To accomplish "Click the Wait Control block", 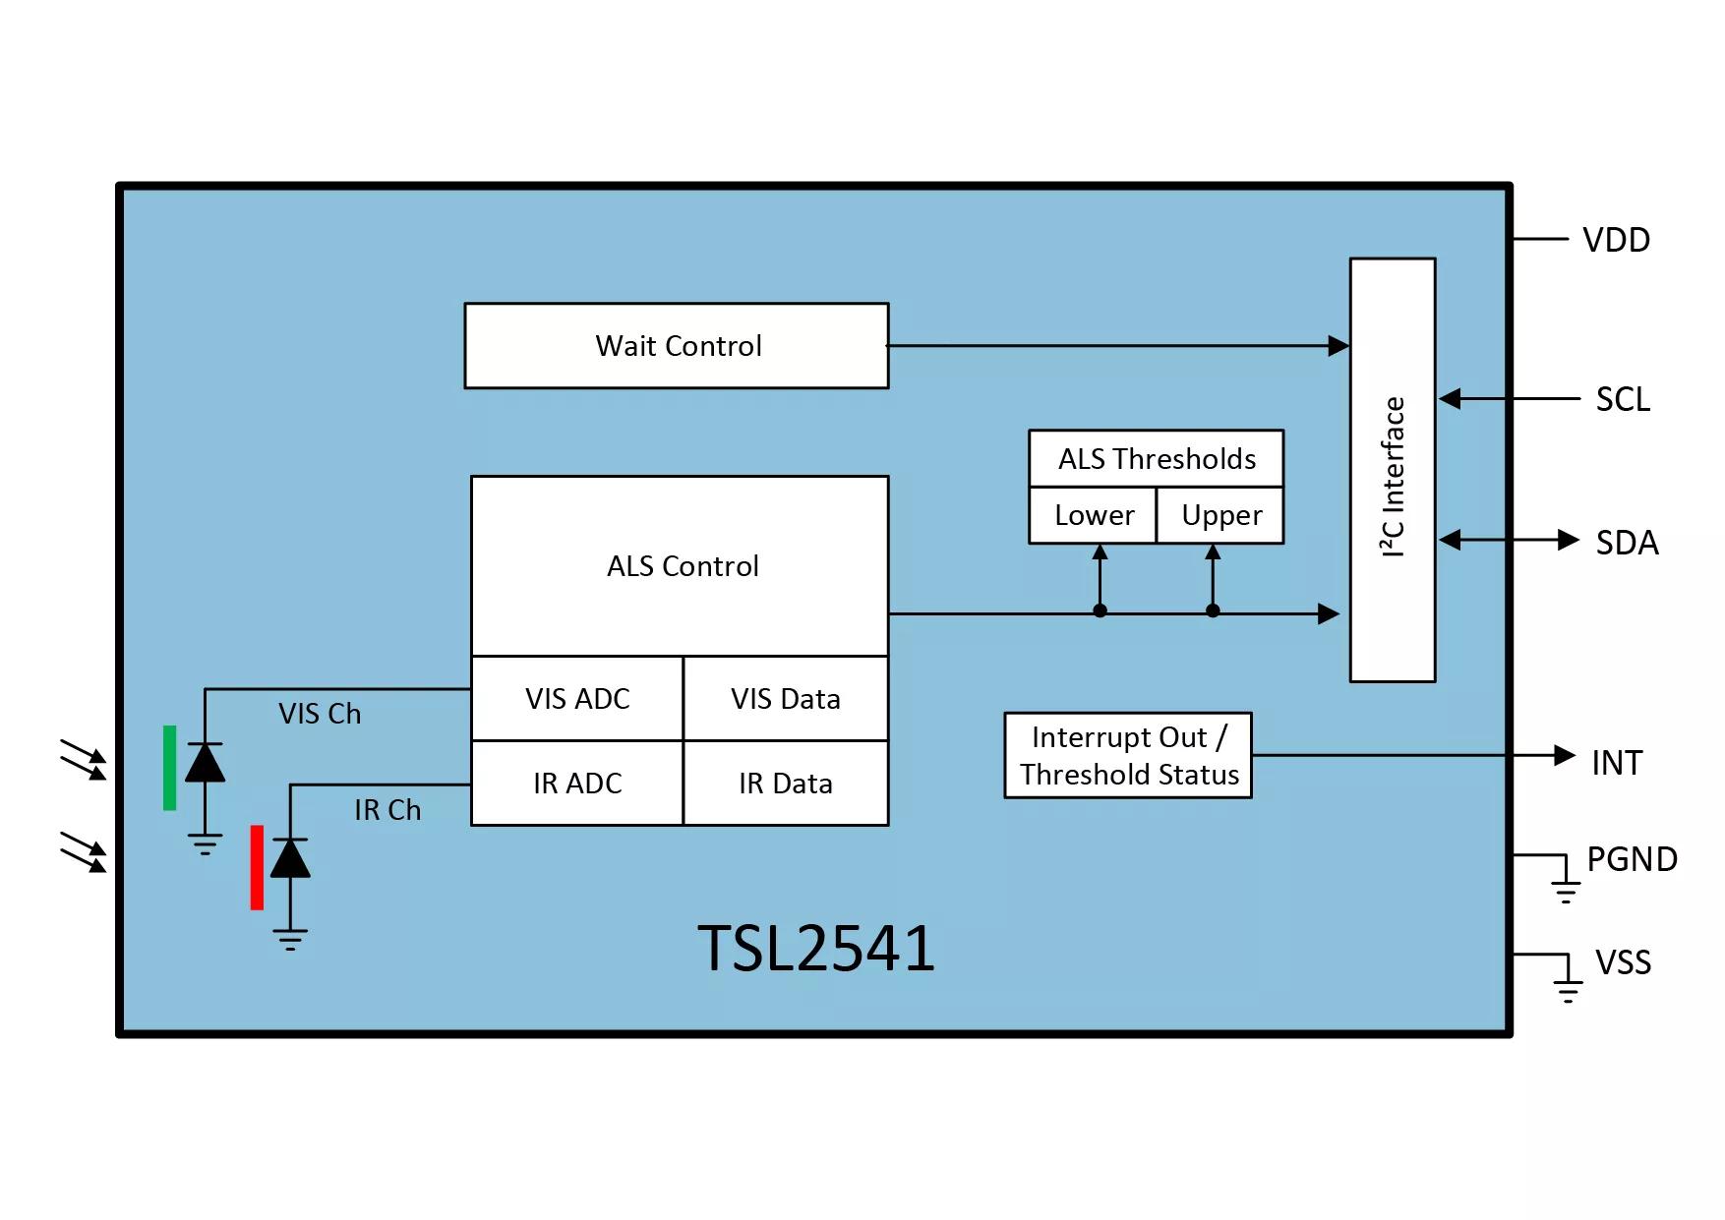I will [677, 346].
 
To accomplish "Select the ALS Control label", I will [683, 566].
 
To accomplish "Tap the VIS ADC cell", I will [577, 699].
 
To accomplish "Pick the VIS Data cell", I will [785, 699].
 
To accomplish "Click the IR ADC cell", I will [577, 784].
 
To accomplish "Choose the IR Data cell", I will [785, 784].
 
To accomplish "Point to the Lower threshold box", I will [1094, 515].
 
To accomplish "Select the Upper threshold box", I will [1220, 515].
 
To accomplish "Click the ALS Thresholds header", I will [1157, 459].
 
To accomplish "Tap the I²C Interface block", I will [1393, 470].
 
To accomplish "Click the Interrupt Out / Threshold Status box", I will [1128, 756].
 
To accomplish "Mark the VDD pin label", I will [1616, 240].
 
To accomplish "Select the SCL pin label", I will [1623, 400].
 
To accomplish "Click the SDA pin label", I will [1627, 543].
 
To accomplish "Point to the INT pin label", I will [1617, 763].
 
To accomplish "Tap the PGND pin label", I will [1632, 859].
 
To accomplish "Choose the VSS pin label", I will [1623, 962].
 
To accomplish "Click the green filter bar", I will [170, 768].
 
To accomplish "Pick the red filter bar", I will [257, 867].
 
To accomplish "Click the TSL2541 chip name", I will [816, 949].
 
